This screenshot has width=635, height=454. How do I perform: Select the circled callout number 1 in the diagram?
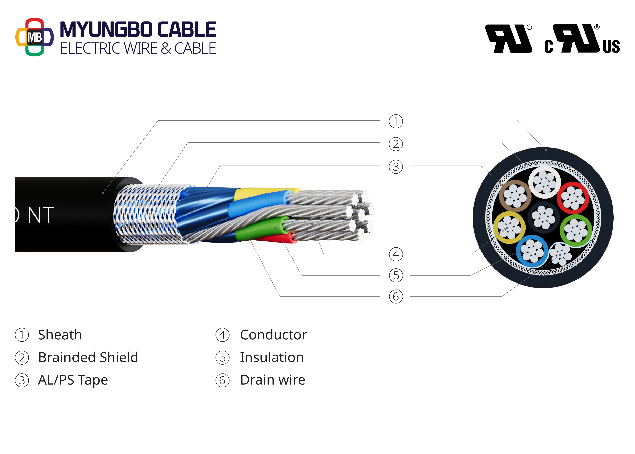click(396, 121)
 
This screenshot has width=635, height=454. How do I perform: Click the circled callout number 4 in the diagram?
click(396, 254)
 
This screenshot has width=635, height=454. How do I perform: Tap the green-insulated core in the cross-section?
click(576, 230)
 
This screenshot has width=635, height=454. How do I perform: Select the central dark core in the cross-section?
click(543, 217)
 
